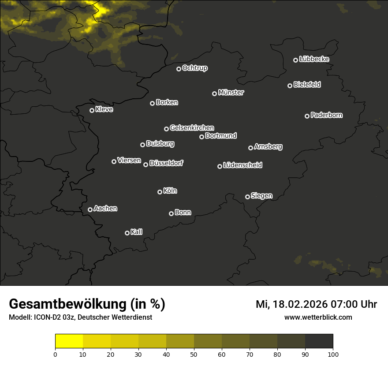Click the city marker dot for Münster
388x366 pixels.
[215, 93]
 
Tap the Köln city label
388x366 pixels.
[170, 191]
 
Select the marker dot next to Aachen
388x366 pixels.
[90, 209]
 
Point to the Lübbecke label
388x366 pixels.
[314, 59]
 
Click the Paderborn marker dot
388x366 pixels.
[307, 116]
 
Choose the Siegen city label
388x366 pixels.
[261, 196]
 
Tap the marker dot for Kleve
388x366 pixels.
[92, 110]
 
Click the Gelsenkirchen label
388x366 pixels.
[192, 128]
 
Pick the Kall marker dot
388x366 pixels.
[127, 233]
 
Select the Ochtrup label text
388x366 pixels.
[194, 68]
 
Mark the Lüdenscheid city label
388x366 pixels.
[242, 165]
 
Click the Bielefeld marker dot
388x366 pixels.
[290, 86]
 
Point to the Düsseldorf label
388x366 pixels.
[166, 163]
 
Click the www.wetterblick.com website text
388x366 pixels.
[318, 317]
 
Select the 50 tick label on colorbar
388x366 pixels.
[194, 354]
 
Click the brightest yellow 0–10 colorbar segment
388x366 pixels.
[69, 341]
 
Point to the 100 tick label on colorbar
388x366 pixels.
[333, 354]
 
